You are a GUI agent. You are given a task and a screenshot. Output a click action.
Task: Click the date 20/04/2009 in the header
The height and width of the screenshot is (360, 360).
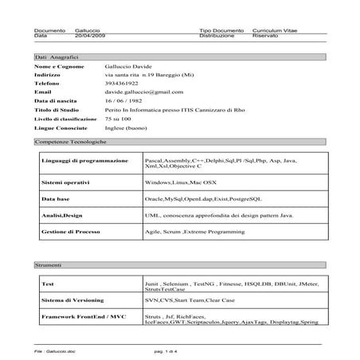[x=88, y=36]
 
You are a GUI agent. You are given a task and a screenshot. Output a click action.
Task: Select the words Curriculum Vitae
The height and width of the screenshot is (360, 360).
[x=275, y=29]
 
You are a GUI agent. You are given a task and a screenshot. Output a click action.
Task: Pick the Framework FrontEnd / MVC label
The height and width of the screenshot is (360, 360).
[x=83, y=317]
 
